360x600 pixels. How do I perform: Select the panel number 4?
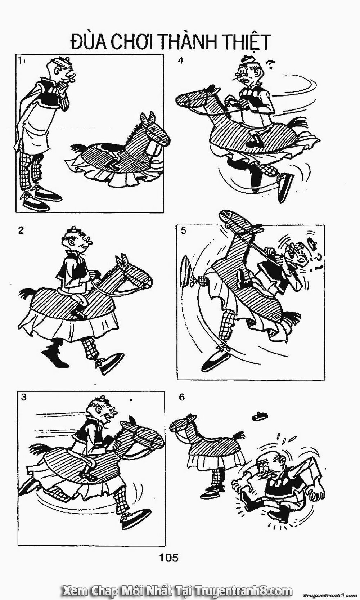(181, 61)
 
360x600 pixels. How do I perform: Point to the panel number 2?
(21, 230)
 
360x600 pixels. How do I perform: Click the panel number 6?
(182, 397)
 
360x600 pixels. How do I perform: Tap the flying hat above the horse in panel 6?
(259, 417)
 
